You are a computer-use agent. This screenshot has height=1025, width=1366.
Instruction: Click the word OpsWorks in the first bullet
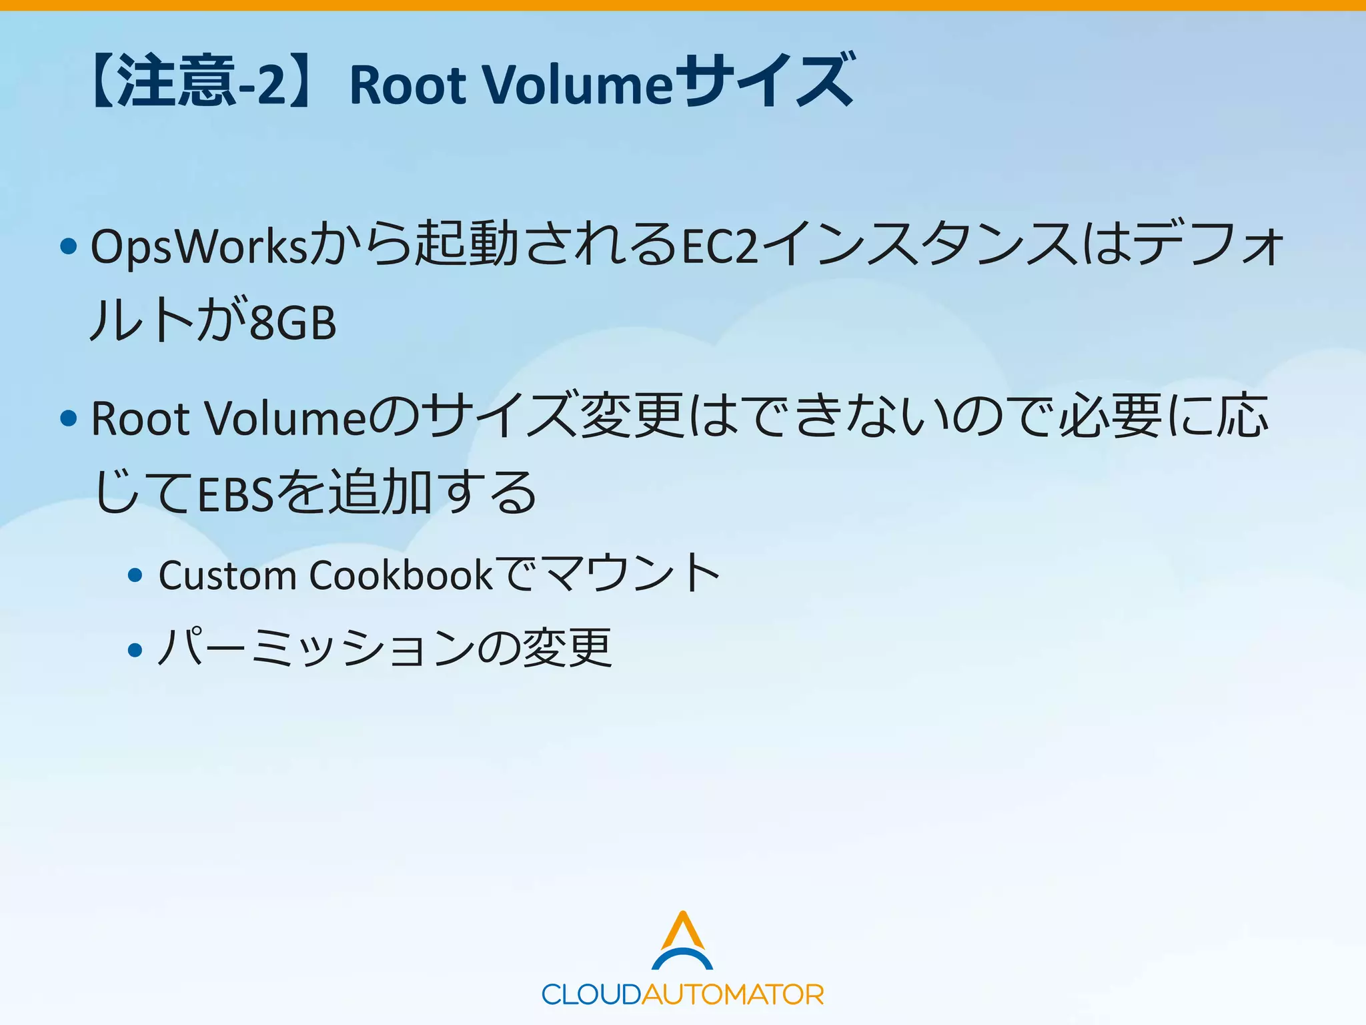click(x=199, y=247)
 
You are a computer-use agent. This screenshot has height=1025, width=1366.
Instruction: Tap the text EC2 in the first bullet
click(x=720, y=247)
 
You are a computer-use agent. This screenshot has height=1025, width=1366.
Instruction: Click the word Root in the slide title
click(x=408, y=85)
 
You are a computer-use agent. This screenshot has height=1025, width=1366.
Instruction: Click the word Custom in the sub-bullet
click(x=227, y=575)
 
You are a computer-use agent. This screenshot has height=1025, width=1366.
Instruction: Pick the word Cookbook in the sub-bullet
click(x=401, y=575)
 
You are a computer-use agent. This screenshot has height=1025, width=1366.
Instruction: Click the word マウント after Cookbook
click(x=630, y=574)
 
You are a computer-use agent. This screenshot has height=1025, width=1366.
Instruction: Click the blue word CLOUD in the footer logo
click(x=591, y=995)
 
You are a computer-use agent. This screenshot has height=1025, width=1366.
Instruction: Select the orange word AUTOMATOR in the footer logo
click(x=732, y=995)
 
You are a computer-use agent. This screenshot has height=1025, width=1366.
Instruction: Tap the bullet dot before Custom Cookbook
click(x=135, y=575)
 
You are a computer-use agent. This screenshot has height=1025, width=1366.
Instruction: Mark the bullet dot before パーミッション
click(x=135, y=649)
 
